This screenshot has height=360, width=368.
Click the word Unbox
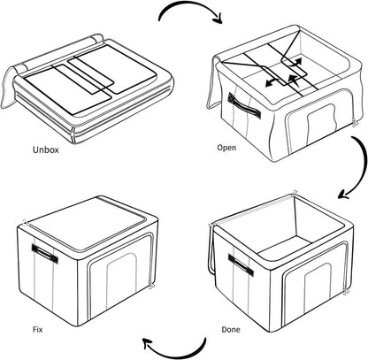pos(46,149)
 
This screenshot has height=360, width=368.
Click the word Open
pos(226,147)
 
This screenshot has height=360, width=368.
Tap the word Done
pos(231,329)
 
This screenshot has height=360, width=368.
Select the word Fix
pos(37,329)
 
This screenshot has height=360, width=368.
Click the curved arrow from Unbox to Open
pos(188,6)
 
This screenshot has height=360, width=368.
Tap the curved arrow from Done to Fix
pos(177,354)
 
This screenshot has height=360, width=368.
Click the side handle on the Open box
pos(244,105)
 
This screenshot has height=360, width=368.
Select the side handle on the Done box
pos(241,264)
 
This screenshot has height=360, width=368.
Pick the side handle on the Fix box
pos(45,253)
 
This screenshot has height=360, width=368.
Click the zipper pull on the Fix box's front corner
pos(151,285)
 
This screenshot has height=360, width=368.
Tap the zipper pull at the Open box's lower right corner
pos(356,124)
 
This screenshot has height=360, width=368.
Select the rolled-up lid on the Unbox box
pos(59,52)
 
